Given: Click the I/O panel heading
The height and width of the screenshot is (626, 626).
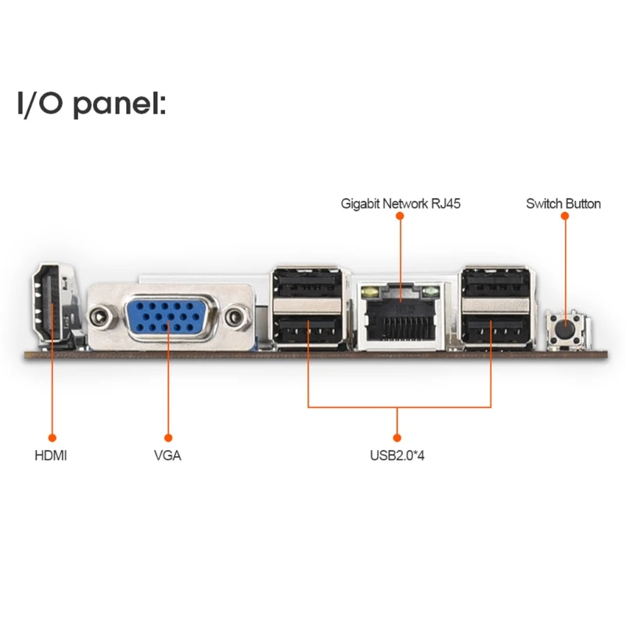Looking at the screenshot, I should click(x=92, y=104).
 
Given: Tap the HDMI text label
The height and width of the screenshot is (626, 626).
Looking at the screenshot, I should click(x=51, y=455).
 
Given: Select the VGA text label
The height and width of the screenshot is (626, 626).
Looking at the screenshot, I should click(x=167, y=455).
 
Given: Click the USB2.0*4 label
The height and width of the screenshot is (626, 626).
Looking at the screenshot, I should click(x=397, y=455).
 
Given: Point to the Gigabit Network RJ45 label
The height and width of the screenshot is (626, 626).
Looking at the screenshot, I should click(x=401, y=204).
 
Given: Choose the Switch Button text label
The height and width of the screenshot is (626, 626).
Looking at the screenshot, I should click(x=563, y=204).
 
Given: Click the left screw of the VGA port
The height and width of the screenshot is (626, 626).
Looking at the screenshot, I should click(x=99, y=317).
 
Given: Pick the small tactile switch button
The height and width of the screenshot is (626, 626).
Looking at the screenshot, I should click(x=564, y=329).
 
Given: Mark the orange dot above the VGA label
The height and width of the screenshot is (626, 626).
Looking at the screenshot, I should click(x=167, y=437).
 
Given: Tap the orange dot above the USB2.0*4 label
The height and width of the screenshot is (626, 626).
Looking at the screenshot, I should click(x=397, y=437).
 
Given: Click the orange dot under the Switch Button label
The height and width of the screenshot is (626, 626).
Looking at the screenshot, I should click(x=564, y=219).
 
